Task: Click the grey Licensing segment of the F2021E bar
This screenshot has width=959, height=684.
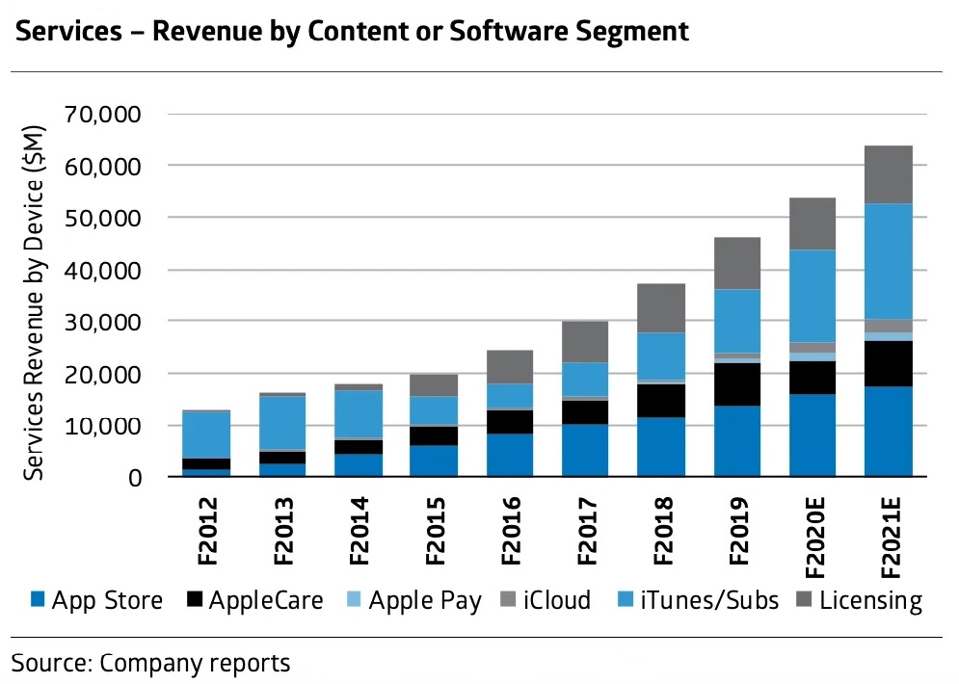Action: pyautogui.click(x=888, y=174)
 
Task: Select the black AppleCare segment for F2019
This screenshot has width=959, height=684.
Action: pyautogui.click(x=736, y=384)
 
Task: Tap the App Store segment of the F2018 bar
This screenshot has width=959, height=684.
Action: pyautogui.click(x=660, y=447)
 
